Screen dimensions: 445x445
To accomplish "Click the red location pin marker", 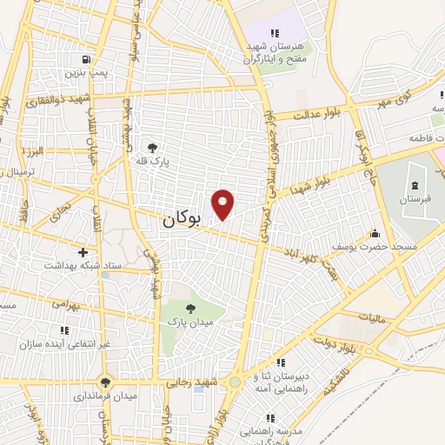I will pyautogui.click(x=223, y=204).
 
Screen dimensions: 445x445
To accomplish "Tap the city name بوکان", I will pyautogui.click(x=181, y=221).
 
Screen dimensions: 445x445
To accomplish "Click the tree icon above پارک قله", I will pyautogui.click(x=153, y=148).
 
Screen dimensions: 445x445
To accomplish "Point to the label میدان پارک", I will pyautogui.click(x=190, y=322).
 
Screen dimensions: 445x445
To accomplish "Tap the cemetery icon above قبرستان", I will pyautogui.click(x=414, y=184).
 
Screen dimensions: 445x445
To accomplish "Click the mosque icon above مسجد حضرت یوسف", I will pyautogui.click(x=375, y=233).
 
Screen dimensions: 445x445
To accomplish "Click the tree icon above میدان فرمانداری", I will pyautogui.click(x=106, y=382).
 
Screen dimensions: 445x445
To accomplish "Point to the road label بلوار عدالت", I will pyautogui.click(x=321, y=113).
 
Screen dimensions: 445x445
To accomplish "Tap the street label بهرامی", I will pyautogui.click(x=63, y=306).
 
